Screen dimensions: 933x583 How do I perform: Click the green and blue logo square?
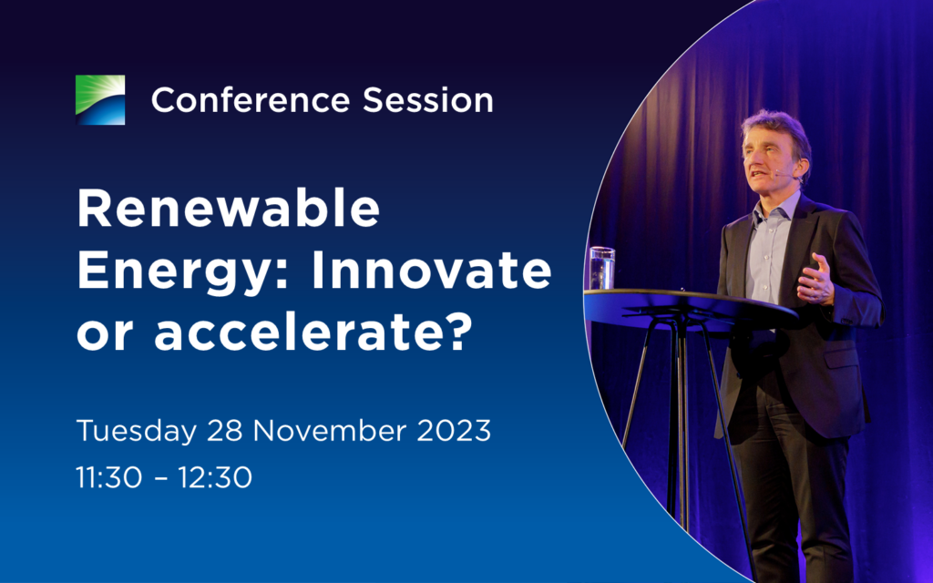[100, 100]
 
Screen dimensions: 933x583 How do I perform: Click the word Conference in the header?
[251, 100]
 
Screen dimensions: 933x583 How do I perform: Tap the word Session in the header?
[428, 100]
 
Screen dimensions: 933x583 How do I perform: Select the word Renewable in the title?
[229, 209]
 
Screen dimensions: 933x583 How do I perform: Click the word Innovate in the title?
[431, 270]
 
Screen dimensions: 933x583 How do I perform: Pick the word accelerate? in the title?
[313, 332]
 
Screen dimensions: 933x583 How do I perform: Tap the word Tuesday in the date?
[137, 431]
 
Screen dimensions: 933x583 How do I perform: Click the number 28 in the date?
[224, 430]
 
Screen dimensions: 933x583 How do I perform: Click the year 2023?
[454, 430]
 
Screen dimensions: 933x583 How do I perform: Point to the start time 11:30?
[109, 477]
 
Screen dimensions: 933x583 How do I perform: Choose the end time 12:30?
[215, 477]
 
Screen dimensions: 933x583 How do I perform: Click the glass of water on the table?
[601, 269]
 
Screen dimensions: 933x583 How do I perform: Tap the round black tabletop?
[691, 305]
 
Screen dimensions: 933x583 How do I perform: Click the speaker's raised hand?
[816, 281]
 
